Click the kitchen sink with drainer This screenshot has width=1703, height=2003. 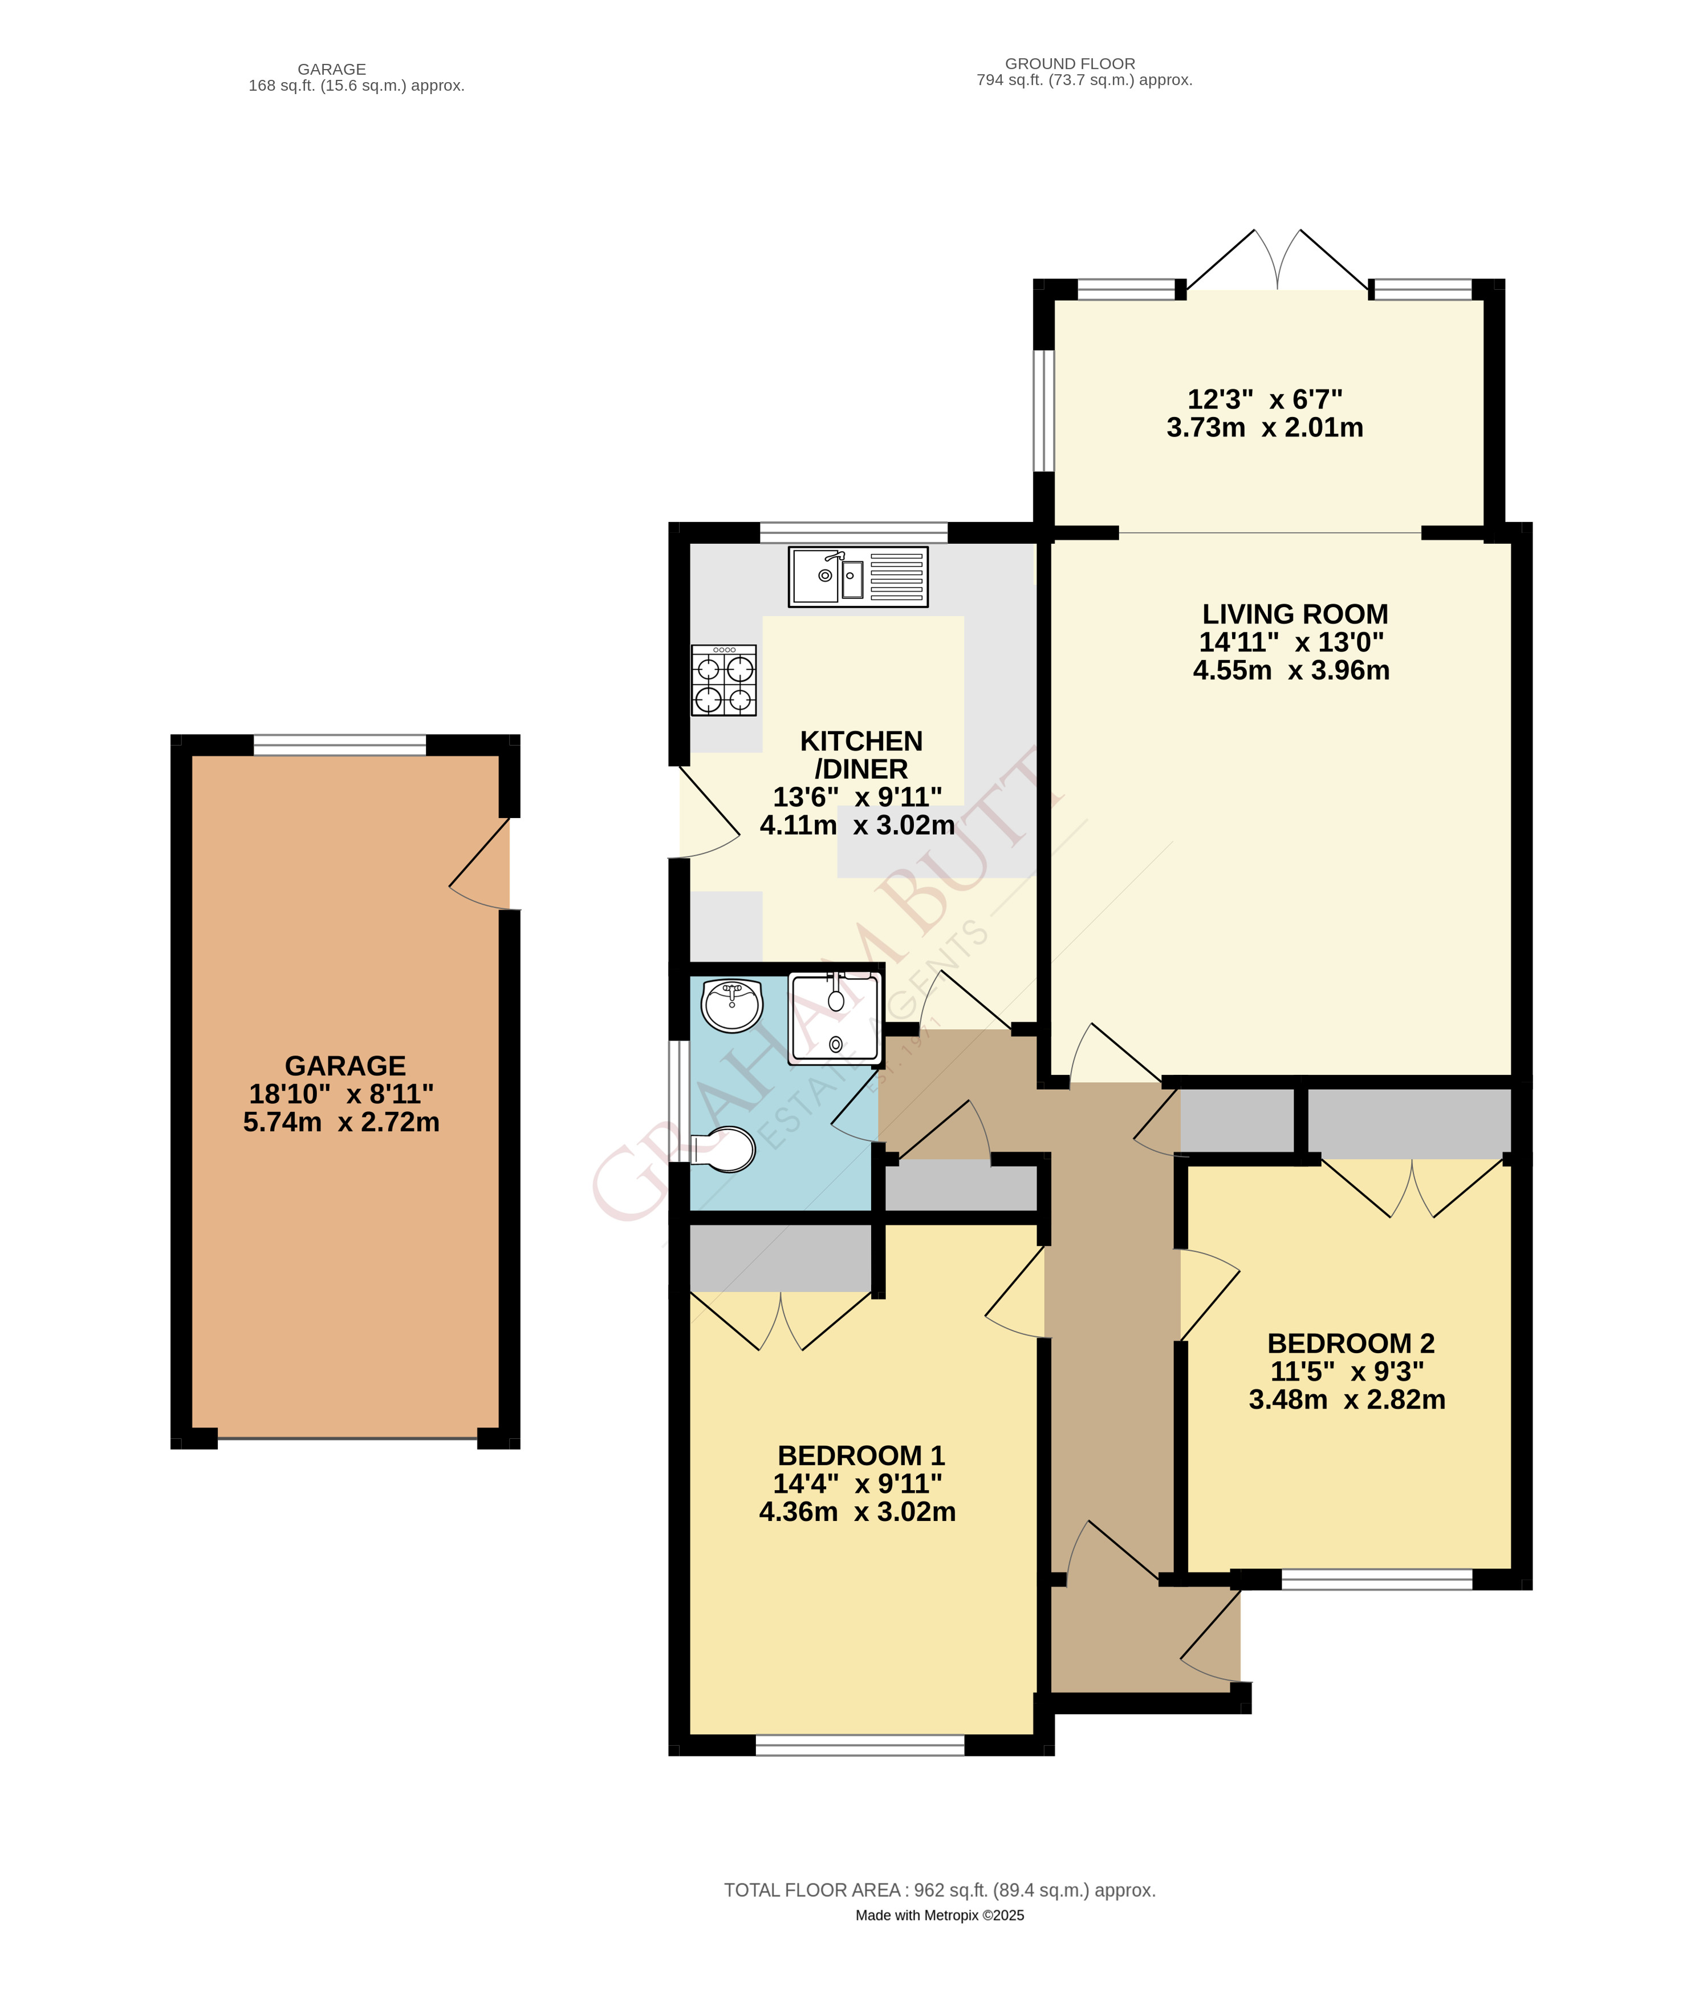[857, 577]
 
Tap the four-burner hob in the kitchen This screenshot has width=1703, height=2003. [723, 680]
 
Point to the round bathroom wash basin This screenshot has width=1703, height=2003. [733, 1005]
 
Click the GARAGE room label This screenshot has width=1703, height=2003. [345, 1065]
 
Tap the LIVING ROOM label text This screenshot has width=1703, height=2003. [1295, 614]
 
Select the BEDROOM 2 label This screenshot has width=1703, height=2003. [1351, 1344]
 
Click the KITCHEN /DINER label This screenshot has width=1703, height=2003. [861, 755]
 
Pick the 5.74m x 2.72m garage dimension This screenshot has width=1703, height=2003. [342, 1122]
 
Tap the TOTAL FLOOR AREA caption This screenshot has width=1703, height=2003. [940, 1890]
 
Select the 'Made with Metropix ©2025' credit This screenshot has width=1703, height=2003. [940, 1915]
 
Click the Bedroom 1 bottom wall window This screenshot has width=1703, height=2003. [860, 1744]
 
